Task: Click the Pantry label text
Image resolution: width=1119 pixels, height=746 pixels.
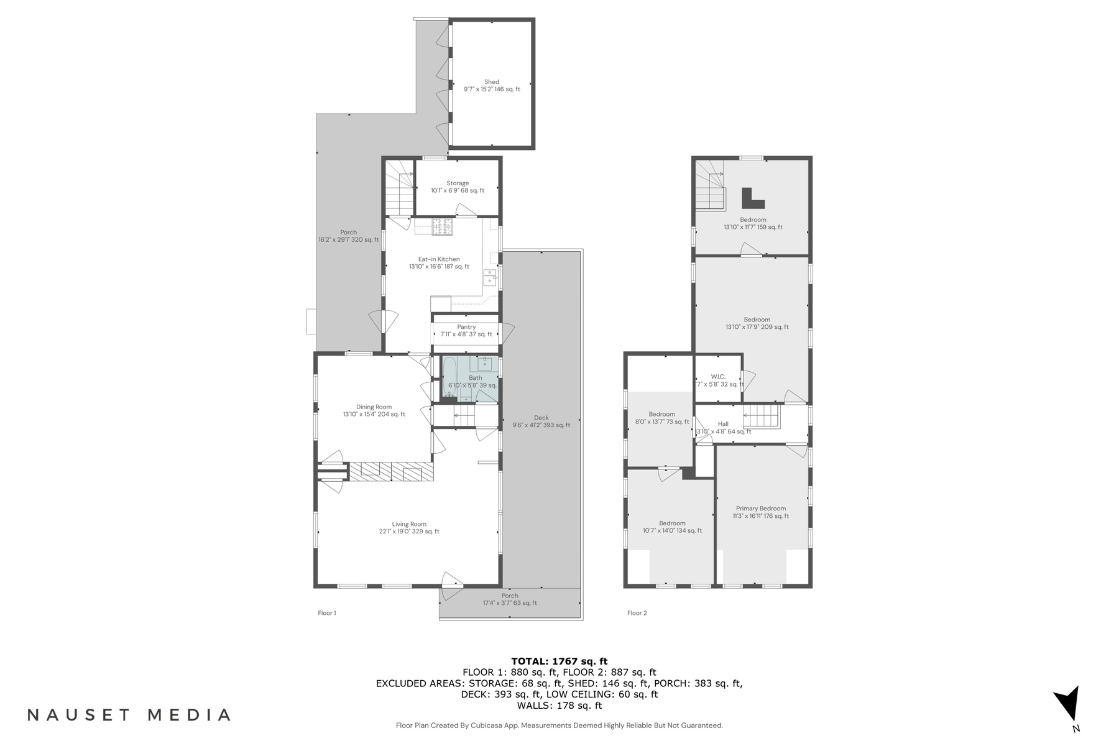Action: coord(466,327)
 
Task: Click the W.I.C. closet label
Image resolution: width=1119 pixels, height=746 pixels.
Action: coord(718,377)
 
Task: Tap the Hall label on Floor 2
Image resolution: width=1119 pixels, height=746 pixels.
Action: coord(723,424)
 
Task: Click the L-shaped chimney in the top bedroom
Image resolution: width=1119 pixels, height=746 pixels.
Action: coord(752,199)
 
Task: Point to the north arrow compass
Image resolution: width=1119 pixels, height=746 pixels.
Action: coord(1069,706)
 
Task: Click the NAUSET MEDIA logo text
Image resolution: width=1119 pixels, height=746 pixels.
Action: coord(129,715)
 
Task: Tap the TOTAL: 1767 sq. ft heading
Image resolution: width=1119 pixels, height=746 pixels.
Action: coord(559,661)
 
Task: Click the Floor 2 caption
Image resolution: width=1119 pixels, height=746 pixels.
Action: coord(637,613)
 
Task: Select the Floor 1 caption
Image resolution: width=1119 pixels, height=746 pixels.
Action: coord(326,613)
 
